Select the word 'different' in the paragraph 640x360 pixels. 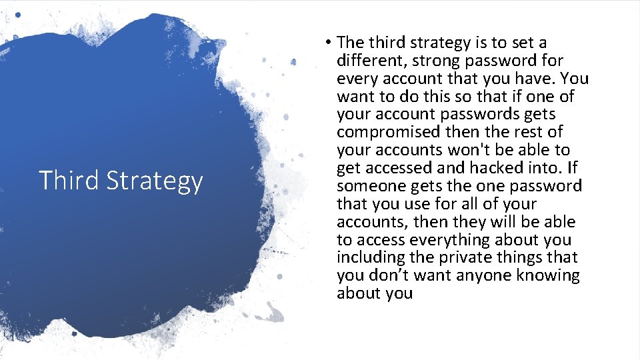pos(369,61)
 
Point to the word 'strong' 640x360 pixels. pos(434,61)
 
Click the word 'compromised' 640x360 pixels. pos(388,133)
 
